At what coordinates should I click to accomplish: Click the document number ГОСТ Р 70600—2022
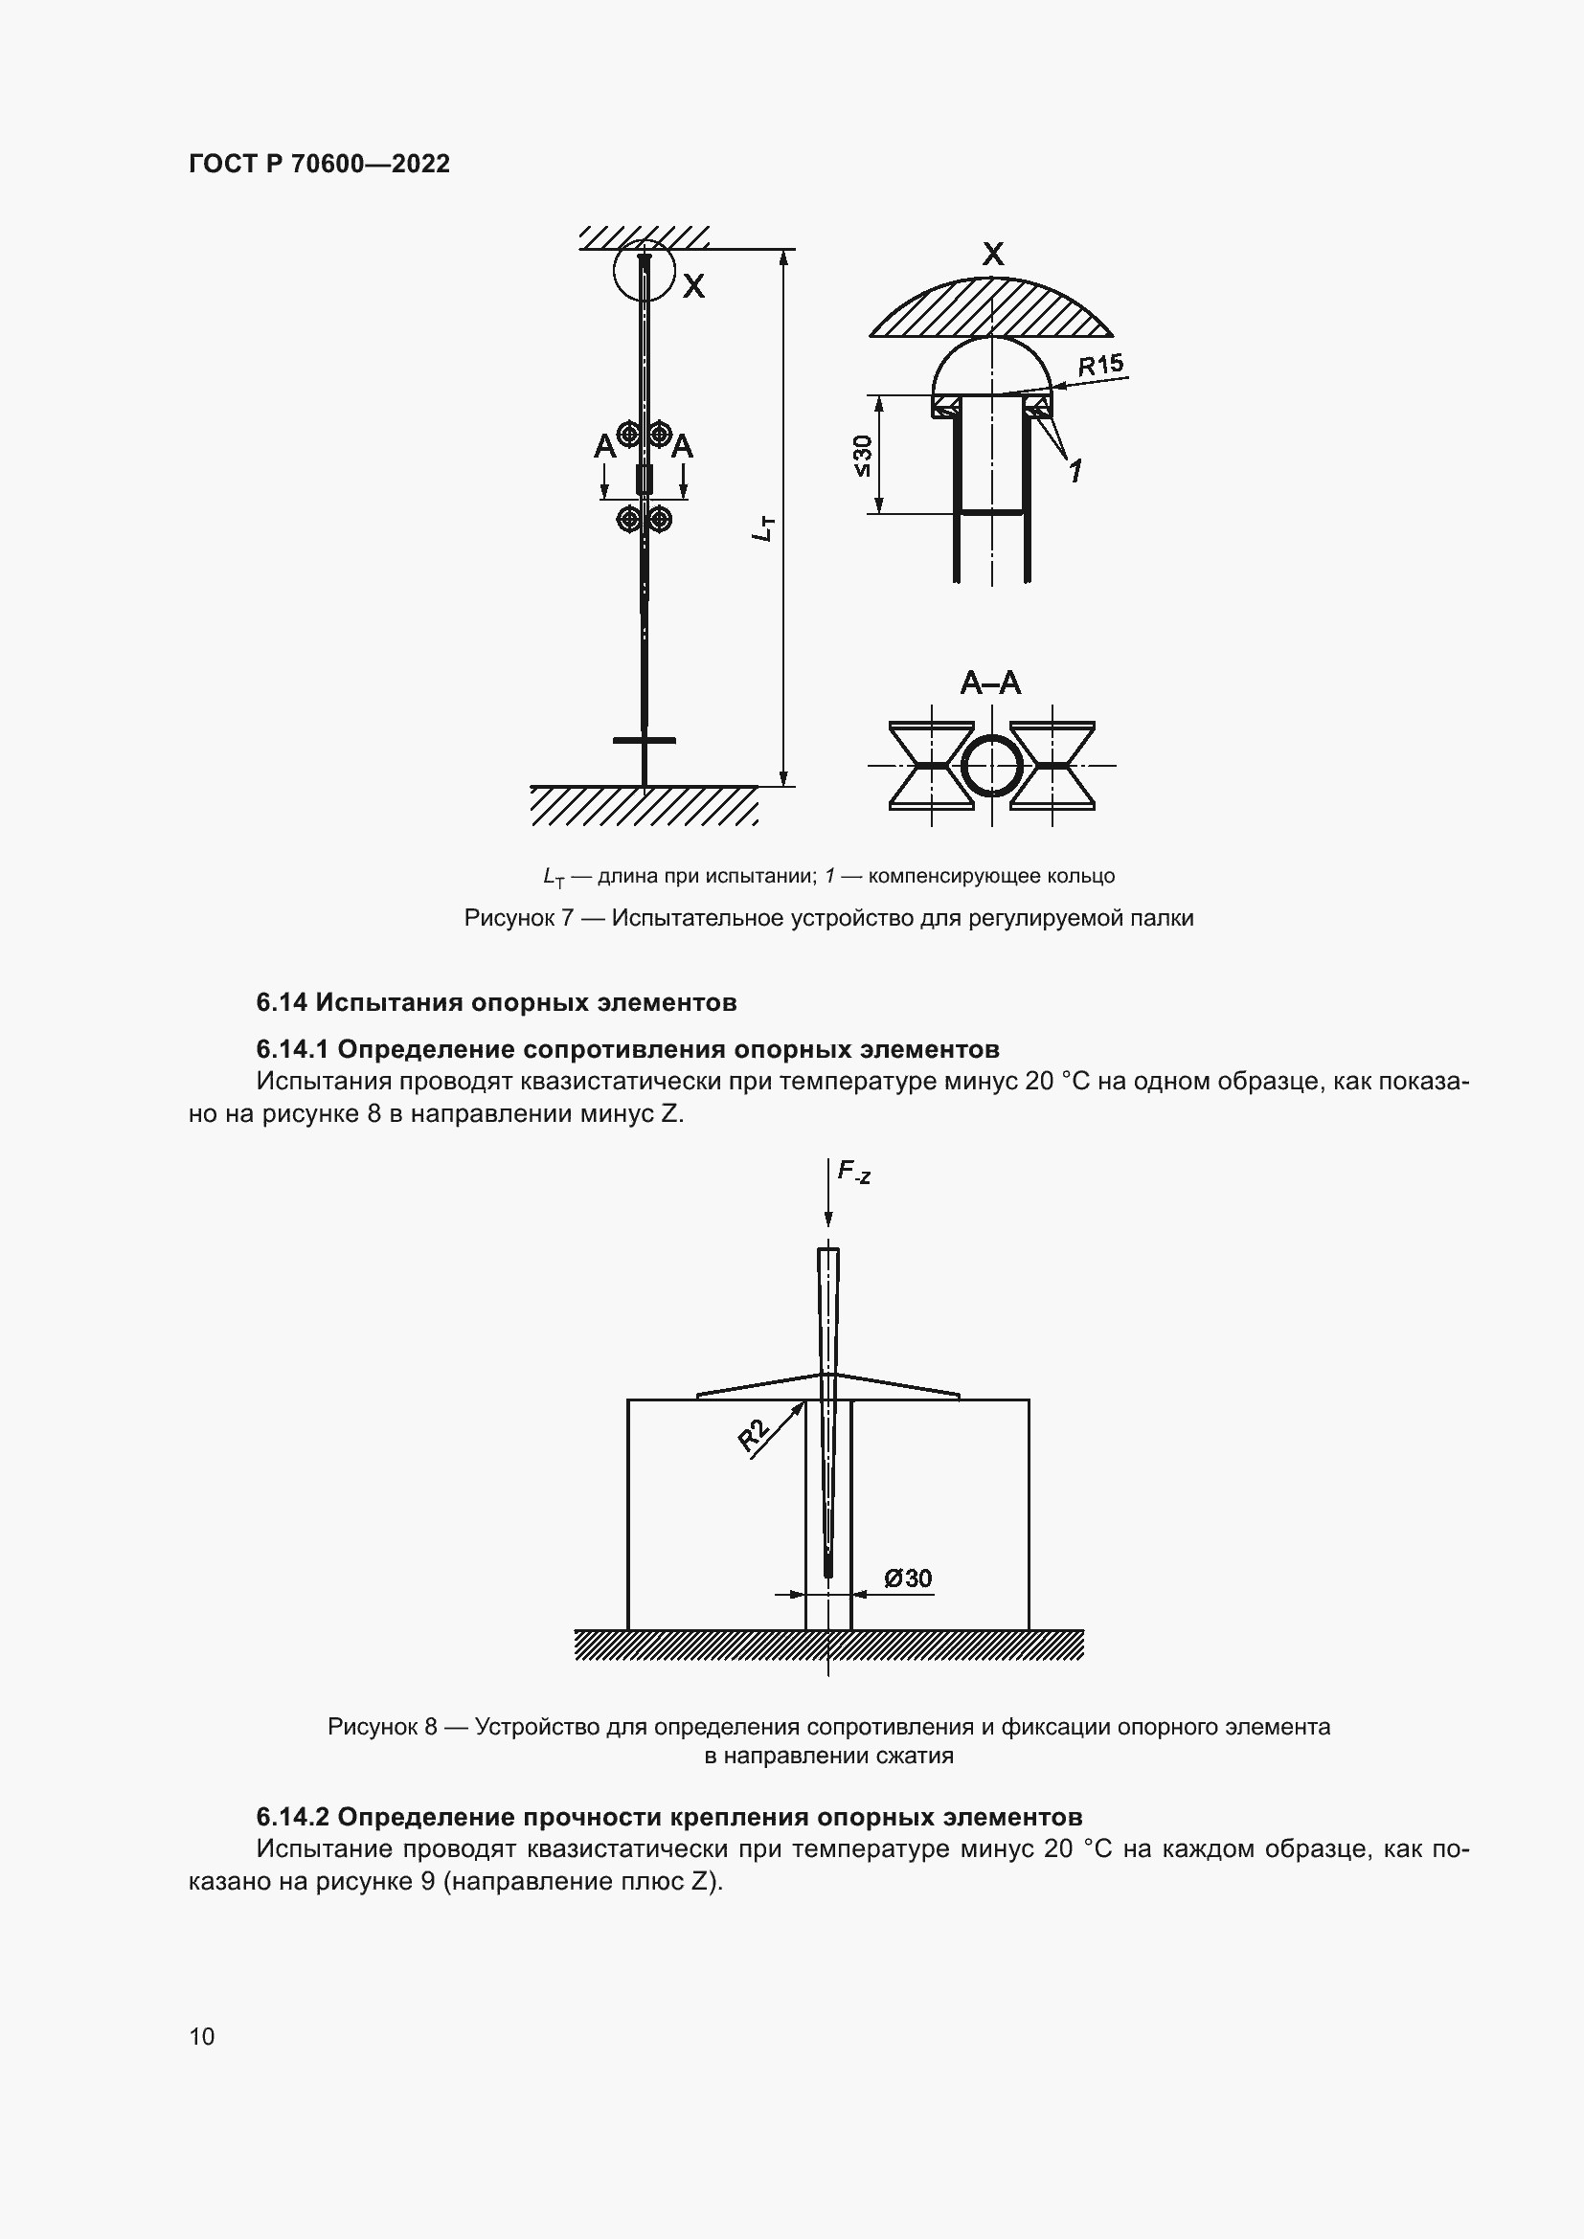[x=319, y=164]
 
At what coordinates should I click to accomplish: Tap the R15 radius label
[x=1100, y=366]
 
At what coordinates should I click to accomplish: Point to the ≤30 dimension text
[x=862, y=456]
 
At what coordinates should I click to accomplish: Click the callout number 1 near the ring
[x=1075, y=472]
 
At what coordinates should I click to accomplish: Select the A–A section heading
[x=990, y=683]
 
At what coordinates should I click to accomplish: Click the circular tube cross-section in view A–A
[x=991, y=766]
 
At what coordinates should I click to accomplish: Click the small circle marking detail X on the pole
[x=644, y=270]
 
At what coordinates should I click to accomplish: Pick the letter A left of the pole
[x=604, y=447]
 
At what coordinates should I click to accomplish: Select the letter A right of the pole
[x=682, y=447]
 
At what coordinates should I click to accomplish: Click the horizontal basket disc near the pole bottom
[x=644, y=741]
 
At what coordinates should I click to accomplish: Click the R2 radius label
[x=754, y=1436]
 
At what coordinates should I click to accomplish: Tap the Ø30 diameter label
[x=907, y=1578]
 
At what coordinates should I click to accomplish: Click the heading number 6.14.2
[x=293, y=1818]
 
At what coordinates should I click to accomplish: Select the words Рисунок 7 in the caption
[x=518, y=918]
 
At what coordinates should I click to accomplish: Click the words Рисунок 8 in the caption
[x=381, y=1727]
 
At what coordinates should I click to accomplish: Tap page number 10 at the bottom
[x=202, y=2036]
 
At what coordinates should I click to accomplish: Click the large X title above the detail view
[x=992, y=255]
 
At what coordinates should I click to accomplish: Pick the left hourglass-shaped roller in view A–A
[x=931, y=766]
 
